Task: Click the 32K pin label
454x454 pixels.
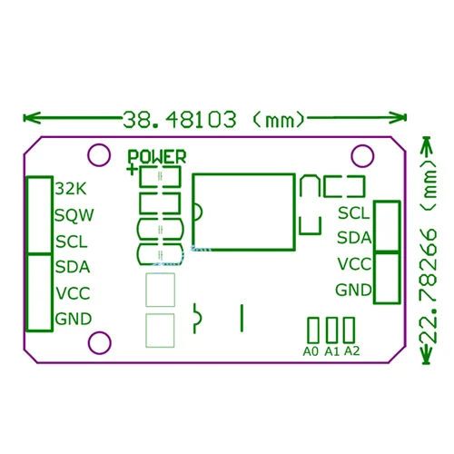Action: point(69,189)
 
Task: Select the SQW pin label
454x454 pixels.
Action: point(74,216)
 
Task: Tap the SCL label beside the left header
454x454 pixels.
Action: point(72,242)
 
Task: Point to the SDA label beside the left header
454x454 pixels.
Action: point(73,267)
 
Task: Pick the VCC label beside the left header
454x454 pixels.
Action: point(73,293)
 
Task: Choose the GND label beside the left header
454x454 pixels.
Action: point(74,319)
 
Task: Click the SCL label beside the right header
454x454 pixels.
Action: point(354,213)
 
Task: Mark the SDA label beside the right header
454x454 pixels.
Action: point(354,239)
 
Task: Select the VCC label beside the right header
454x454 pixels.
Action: point(354,264)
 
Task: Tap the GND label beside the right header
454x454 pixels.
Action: point(354,291)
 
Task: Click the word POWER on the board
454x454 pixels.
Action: point(157,156)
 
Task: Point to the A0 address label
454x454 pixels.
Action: point(311,351)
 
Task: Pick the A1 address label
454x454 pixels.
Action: point(331,351)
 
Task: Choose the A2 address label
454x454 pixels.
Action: point(352,351)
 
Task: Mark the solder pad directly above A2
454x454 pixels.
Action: point(346,329)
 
